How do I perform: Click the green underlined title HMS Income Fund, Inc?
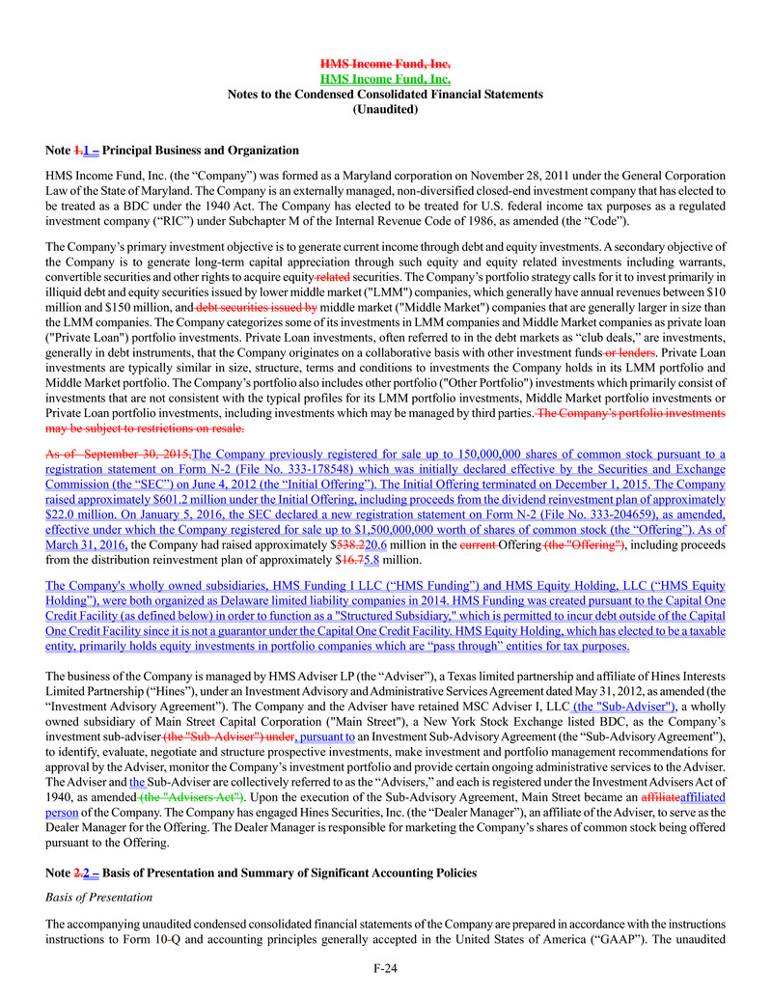click(x=385, y=79)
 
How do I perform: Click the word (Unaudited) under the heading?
click(x=385, y=110)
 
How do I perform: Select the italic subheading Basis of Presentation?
click(x=98, y=898)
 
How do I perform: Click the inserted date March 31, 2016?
click(x=87, y=544)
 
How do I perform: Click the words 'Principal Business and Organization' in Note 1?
click(x=201, y=151)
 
